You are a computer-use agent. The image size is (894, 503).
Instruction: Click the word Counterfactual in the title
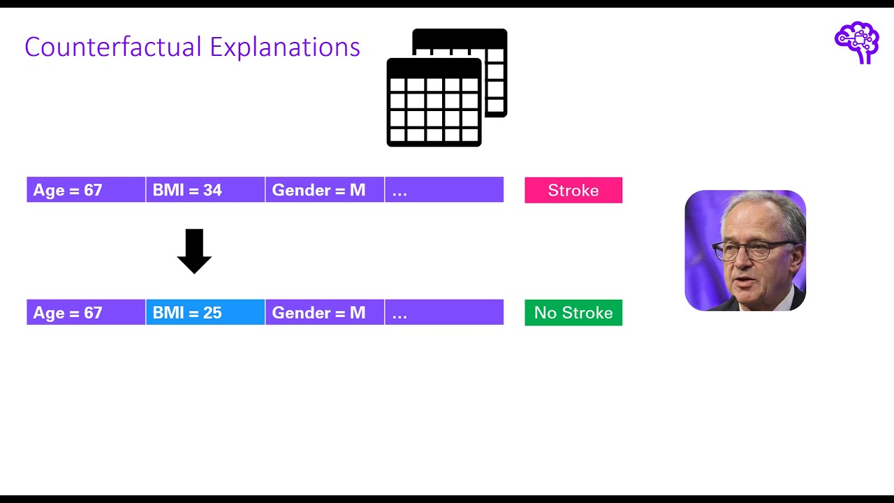pyautogui.click(x=113, y=47)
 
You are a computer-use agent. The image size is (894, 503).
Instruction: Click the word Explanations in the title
pyautogui.click(x=285, y=47)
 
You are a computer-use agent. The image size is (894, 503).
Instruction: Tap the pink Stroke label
pyautogui.click(x=573, y=190)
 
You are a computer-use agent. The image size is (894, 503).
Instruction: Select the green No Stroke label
pyautogui.click(x=573, y=312)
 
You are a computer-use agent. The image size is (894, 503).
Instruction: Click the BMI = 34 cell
pyautogui.click(x=205, y=190)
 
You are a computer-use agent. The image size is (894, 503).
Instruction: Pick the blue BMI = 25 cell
pyautogui.click(x=205, y=312)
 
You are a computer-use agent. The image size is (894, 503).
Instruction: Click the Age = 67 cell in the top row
pyautogui.click(x=86, y=190)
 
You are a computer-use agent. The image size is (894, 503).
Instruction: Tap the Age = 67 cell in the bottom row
pyautogui.click(x=86, y=312)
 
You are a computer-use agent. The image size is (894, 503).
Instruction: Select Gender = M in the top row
pyautogui.click(x=325, y=190)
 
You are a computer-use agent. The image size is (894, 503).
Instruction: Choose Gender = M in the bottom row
pyautogui.click(x=325, y=312)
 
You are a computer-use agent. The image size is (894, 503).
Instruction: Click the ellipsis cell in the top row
pyautogui.click(x=444, y=190)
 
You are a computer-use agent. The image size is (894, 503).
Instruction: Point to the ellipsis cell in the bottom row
pyautogui.click(x=444, y=312)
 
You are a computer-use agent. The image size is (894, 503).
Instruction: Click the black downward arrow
pyautogui.click(x=194, y=251)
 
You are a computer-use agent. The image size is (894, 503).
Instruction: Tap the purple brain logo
pyautogui.click(x=856, y=42)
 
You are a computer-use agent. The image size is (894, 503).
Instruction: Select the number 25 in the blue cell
pyautogui.click(x=212, y=312)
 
